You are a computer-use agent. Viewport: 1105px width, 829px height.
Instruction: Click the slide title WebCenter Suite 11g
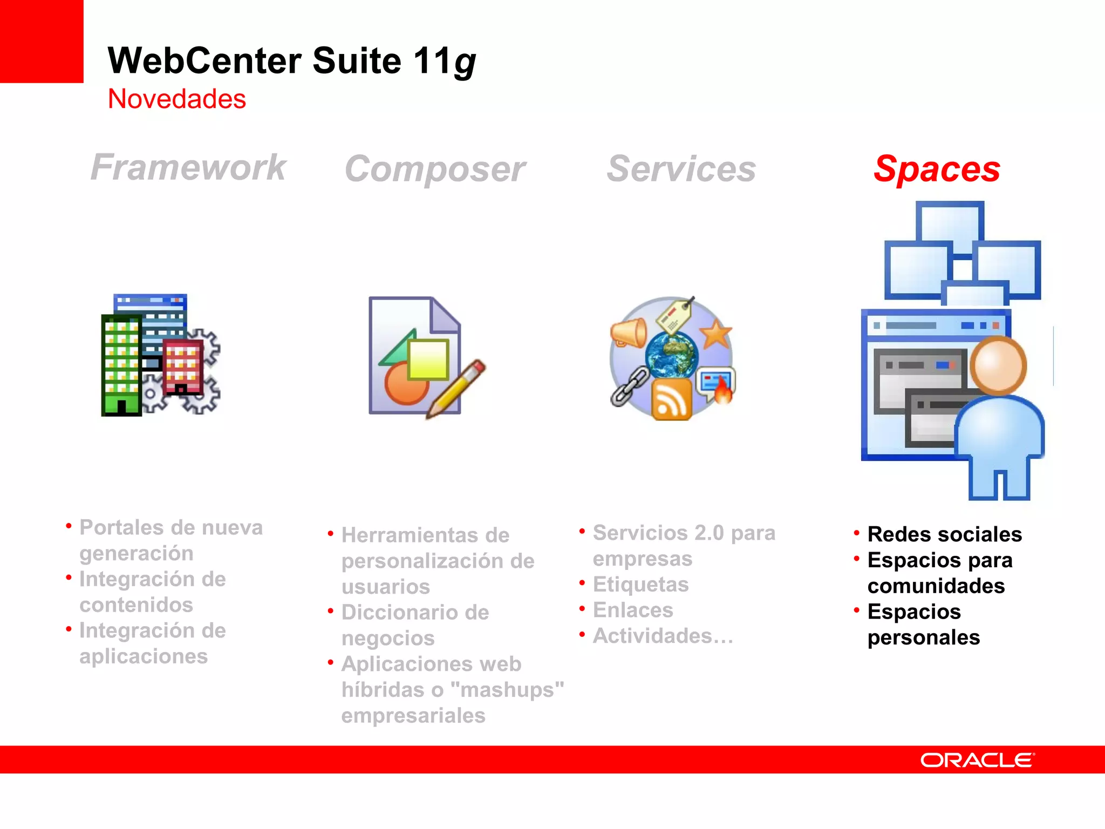pos(291,60)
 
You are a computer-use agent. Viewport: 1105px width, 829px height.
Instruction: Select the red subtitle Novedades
pos(177,99)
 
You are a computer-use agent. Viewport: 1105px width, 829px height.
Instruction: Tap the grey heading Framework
pos(188,167)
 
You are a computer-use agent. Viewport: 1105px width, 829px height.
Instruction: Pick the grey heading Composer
pos(435,169)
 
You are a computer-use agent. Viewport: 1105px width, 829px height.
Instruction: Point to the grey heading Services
pos(681,169)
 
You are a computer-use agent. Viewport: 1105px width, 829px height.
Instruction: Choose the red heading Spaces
pos(937,169)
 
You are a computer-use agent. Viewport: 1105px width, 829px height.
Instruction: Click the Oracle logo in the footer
pos(977,760)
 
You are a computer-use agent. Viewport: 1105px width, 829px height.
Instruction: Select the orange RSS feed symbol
pos(671,399)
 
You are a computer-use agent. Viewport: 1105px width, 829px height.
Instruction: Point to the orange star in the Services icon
pos(715,334)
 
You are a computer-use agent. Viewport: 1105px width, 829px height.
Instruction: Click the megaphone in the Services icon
pos(628,332)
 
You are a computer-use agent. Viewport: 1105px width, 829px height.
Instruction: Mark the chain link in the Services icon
pos(629,385)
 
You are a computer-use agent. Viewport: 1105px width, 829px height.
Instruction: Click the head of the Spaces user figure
pos(998,366)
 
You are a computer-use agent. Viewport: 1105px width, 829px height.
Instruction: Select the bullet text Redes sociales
pos(944,534)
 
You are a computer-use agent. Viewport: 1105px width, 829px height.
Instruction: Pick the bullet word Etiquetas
pos(640,585)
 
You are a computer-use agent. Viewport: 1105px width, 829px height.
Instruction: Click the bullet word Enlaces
pos(633,610)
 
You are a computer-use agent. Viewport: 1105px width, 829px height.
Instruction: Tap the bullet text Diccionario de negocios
pos(415,625)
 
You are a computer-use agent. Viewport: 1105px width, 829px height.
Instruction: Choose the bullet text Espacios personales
pos(923,624)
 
